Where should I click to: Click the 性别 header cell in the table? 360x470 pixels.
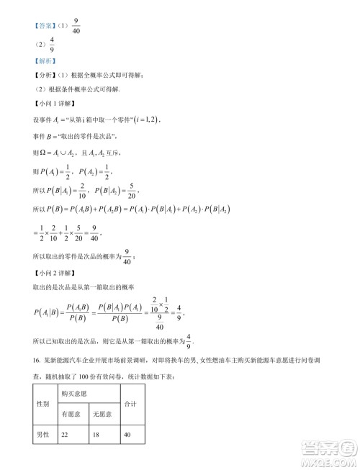click(x=42, y=404)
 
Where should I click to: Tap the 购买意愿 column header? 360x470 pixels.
click(x=73, y=394)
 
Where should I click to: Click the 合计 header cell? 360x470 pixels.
click(x=130, y=404)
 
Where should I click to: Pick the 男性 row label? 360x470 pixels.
click(x=42, y=435)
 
